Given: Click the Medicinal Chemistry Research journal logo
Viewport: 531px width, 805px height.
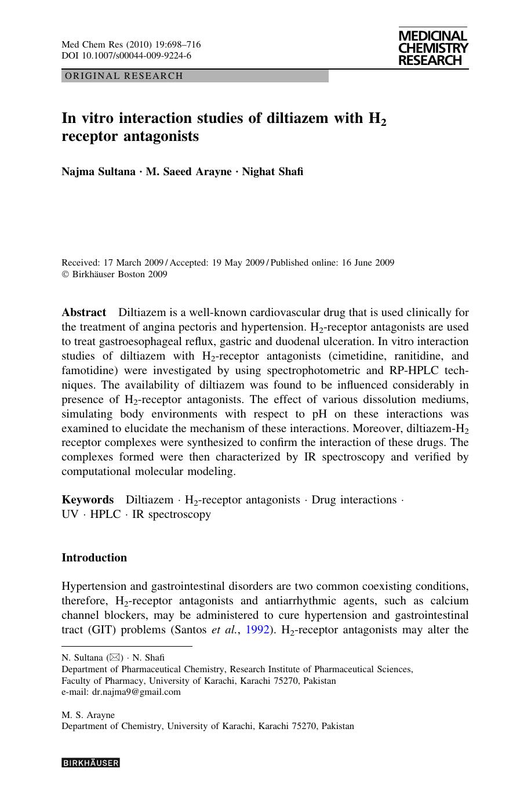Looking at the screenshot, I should (x=432, y=49).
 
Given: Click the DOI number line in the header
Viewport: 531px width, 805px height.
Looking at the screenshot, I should (x=126, y=56).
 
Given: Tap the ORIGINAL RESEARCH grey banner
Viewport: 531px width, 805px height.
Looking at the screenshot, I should (x=195, y=76).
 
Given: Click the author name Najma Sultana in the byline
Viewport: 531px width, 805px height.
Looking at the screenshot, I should (x=99, y=172).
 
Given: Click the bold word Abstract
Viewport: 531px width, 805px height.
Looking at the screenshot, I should (x=83, y=313).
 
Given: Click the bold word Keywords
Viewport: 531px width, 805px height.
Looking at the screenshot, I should (x=88, y=500).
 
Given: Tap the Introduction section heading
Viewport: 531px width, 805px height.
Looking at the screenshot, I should (x=94, y=558).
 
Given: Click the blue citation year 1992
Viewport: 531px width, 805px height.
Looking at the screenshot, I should (x=257, y=630).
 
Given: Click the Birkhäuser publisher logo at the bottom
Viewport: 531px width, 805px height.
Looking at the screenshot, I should (x=90, y=763).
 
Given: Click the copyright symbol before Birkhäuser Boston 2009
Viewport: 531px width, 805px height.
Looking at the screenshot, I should (x=65, y=275).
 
